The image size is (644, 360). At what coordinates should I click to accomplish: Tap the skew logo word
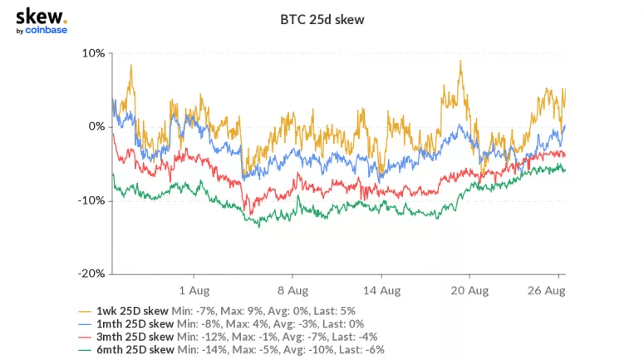(39, 16)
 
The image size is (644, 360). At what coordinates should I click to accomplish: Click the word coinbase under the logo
(47, 31)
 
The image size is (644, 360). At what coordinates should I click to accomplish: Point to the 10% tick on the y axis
(94, 53)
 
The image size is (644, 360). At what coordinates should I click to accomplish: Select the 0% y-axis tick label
(96, 126)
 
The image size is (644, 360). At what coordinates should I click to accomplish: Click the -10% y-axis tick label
(93, 200)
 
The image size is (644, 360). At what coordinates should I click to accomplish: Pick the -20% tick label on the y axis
(93, 274)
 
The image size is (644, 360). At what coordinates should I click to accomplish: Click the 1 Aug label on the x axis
(193, 291)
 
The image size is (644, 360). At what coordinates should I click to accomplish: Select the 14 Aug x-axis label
(381, 291)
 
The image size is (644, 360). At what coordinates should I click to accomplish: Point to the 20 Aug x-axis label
(469, 291)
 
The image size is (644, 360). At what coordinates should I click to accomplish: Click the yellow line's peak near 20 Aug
(460, 61)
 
